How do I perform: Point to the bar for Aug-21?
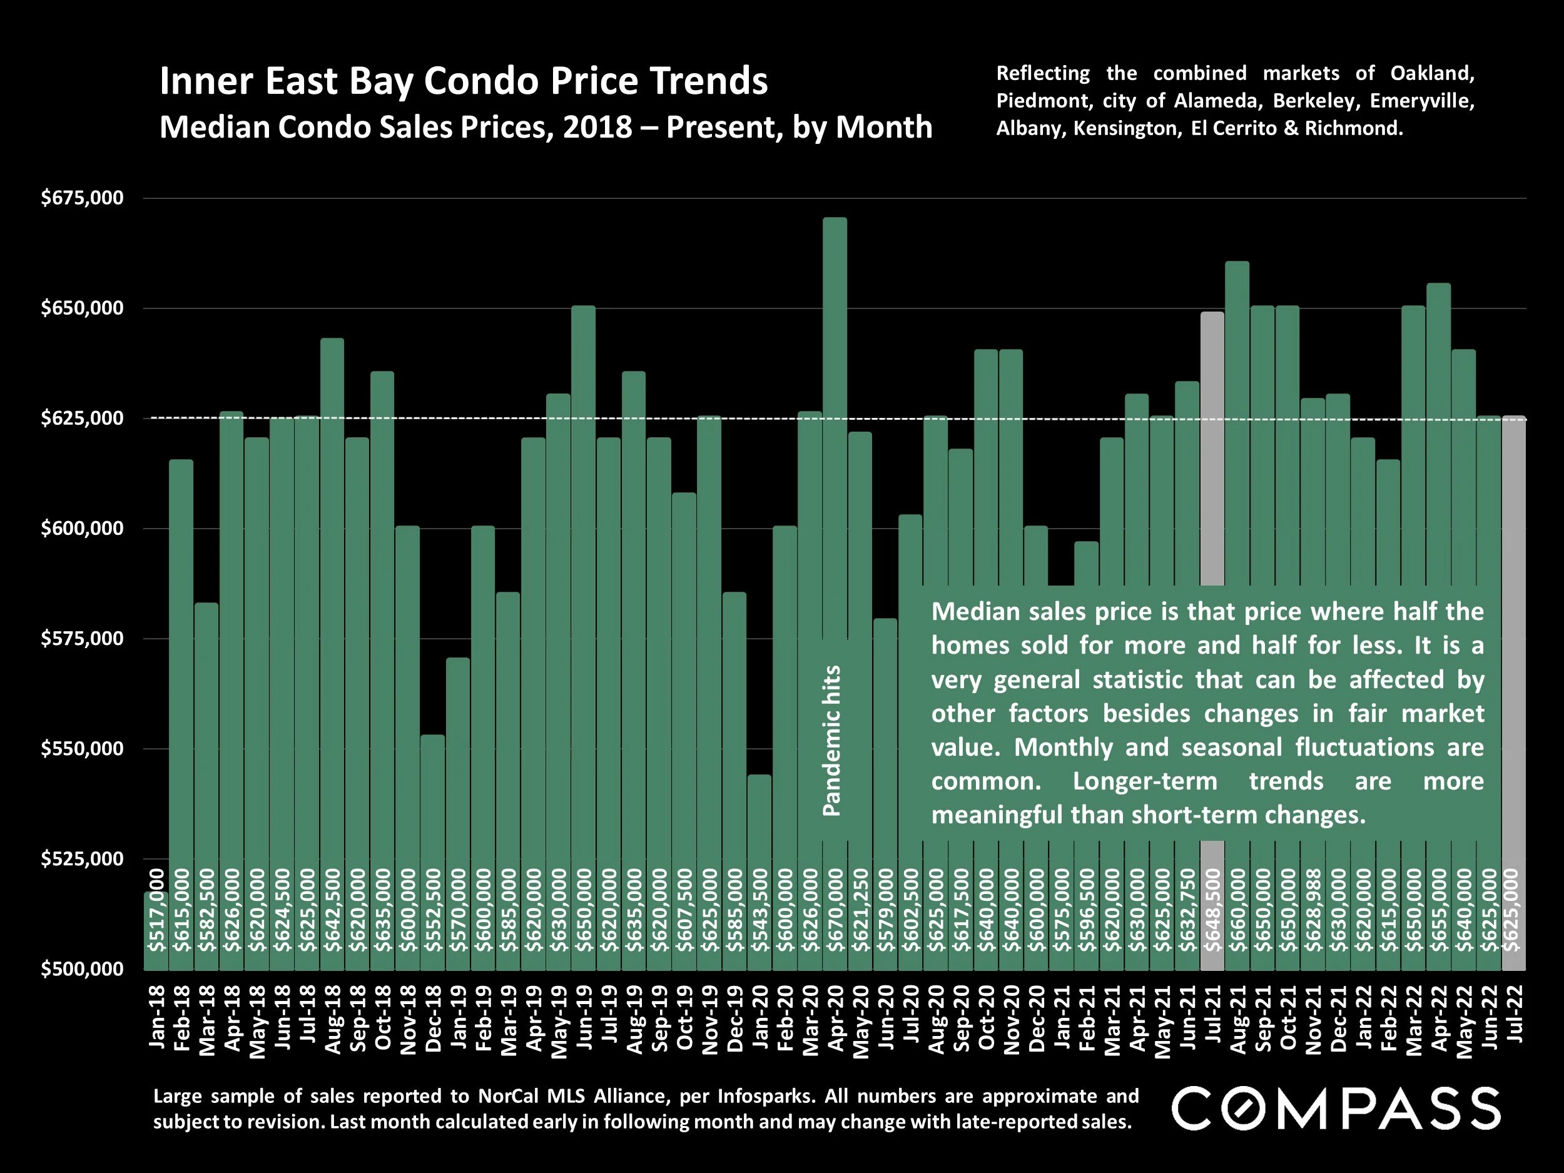1237,424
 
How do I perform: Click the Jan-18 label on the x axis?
156,1017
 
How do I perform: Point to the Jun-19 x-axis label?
583,1017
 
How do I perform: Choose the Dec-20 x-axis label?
1036,1017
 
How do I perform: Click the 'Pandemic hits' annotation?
833,740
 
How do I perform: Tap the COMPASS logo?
1336,1109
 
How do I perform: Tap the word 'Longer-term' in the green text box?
1145,781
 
